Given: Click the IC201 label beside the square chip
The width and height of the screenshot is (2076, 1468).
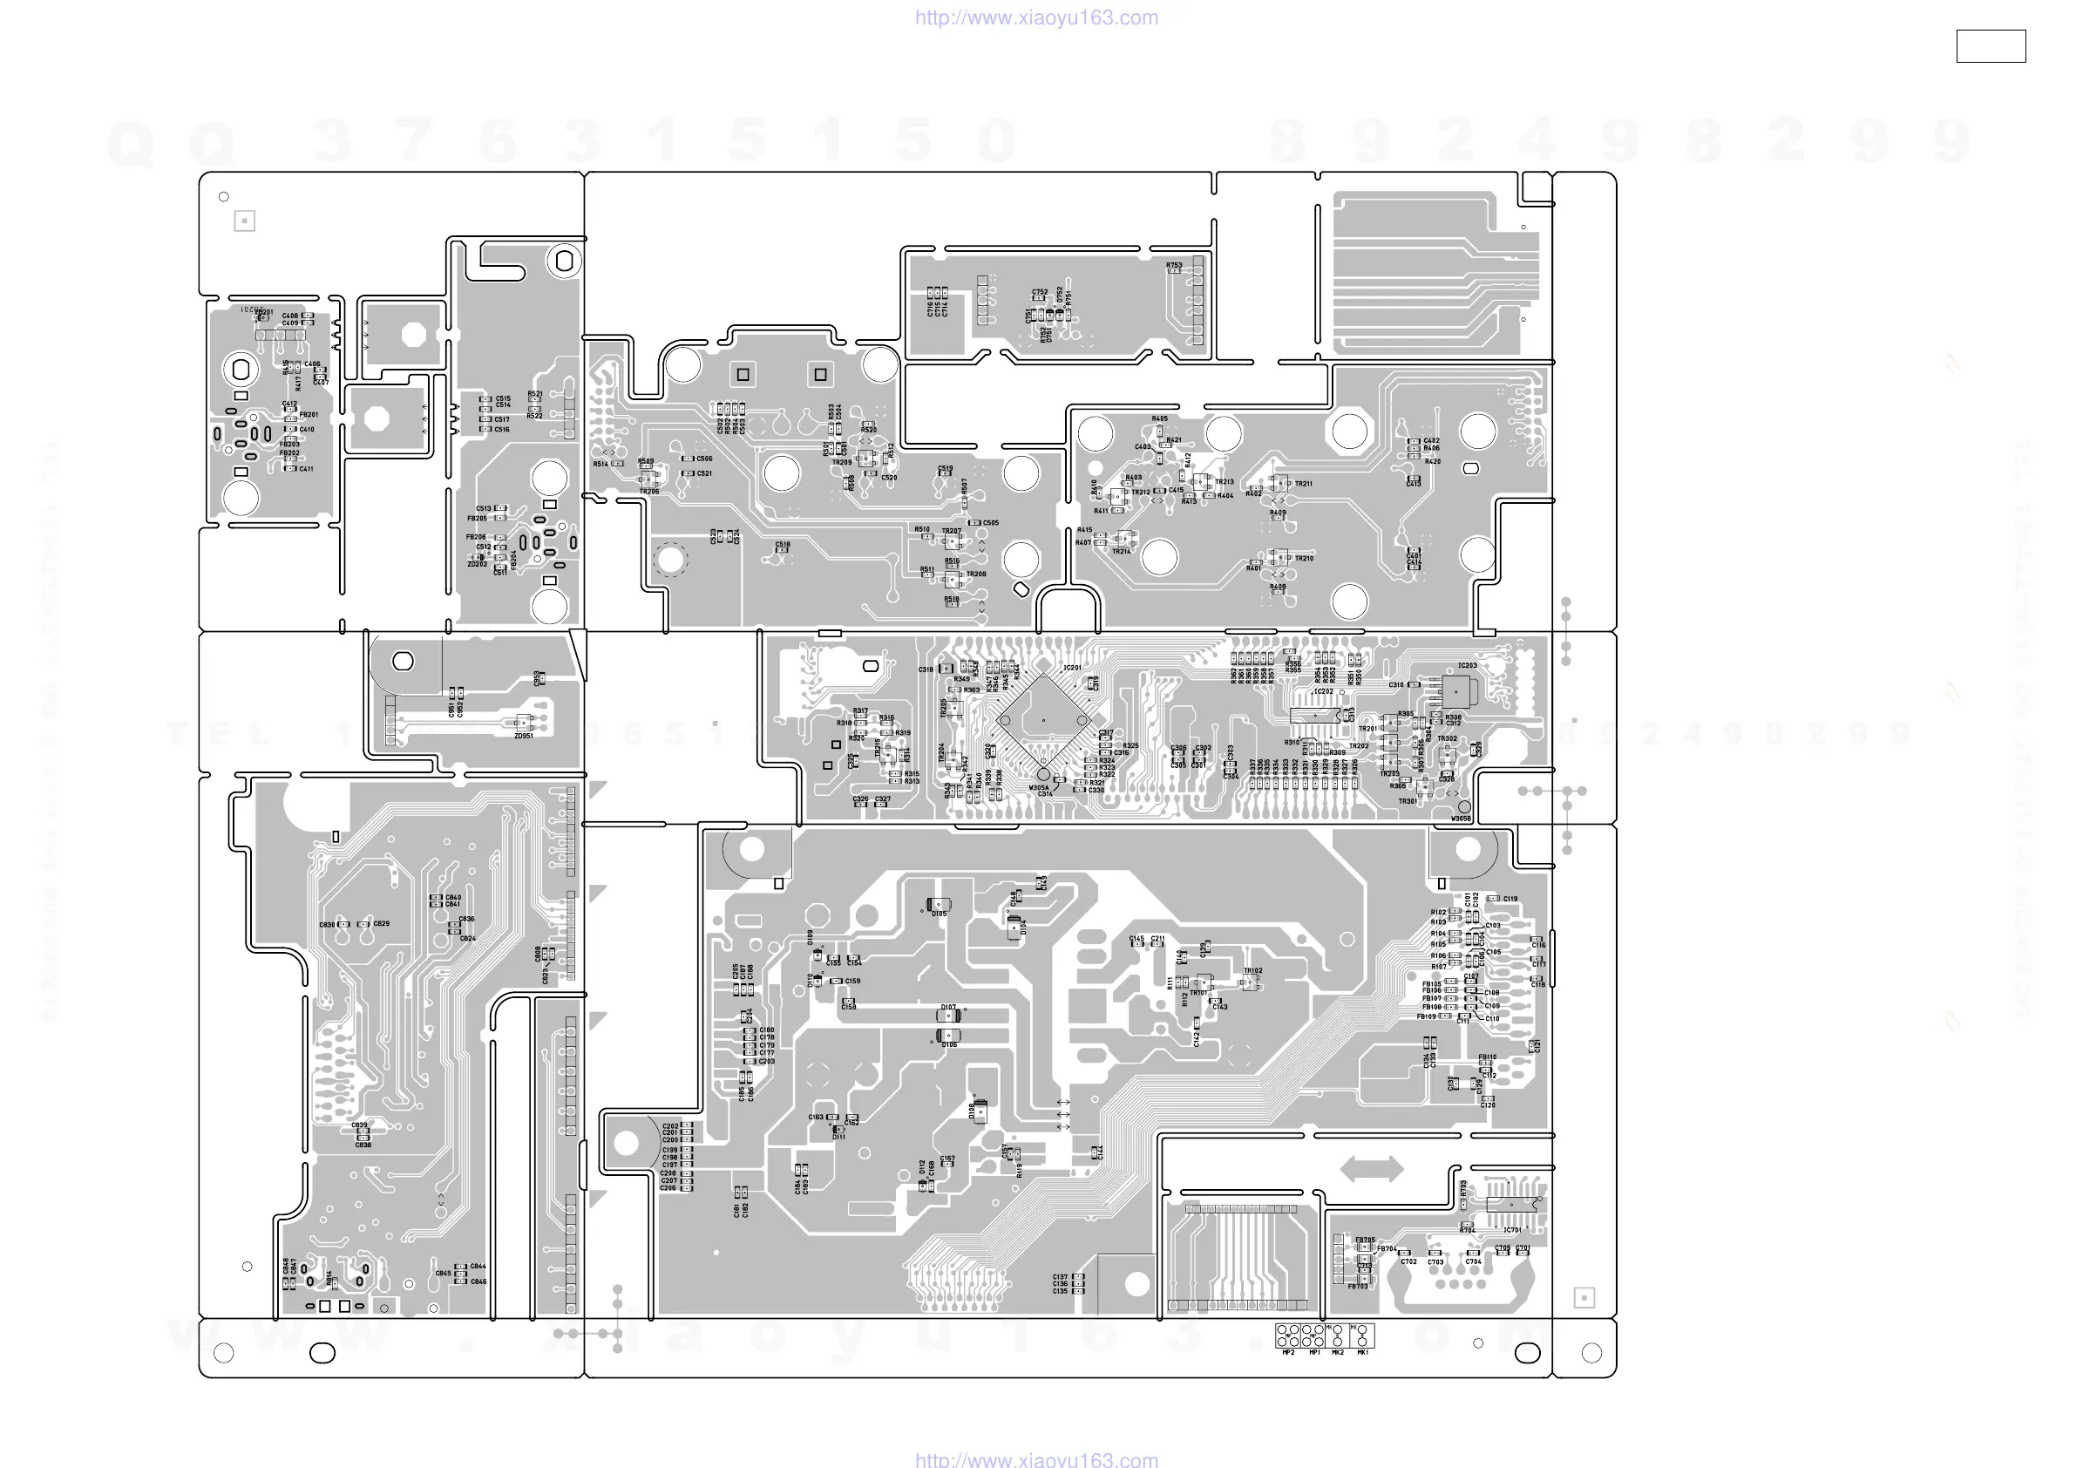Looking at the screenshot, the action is [1072, 668].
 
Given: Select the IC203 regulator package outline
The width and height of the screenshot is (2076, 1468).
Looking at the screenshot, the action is [1455, 692].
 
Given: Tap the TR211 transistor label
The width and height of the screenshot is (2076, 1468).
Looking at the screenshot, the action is [1303, 484].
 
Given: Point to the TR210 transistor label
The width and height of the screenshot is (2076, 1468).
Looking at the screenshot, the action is [1303, 558].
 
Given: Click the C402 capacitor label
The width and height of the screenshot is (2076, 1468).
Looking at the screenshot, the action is [1431, 440].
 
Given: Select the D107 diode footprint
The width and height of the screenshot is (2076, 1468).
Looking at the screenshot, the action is [947, 1016].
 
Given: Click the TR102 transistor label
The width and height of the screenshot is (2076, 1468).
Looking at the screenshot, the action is [1252, 970].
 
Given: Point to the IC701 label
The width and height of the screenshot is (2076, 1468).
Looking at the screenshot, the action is [1512, 1230].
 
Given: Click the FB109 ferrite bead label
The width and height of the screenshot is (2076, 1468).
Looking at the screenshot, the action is [1426, 1016].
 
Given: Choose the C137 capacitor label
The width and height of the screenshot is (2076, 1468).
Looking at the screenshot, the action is [1060, 1276].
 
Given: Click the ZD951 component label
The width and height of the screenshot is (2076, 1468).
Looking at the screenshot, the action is [524, 736].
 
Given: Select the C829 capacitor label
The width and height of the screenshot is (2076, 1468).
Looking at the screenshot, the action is [382, 923].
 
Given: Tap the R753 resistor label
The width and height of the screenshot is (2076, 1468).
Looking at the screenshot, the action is [1174, 265].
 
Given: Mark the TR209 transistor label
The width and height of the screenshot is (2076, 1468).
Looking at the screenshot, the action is [842, 462].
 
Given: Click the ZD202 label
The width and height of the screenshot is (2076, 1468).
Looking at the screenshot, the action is [477, 563].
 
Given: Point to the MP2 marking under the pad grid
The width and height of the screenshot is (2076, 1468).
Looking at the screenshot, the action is [1287, 1353].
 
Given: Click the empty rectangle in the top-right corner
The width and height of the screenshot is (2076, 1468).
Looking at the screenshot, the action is [1990, 46].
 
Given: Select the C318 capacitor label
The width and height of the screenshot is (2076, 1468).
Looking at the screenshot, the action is [926, 669].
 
